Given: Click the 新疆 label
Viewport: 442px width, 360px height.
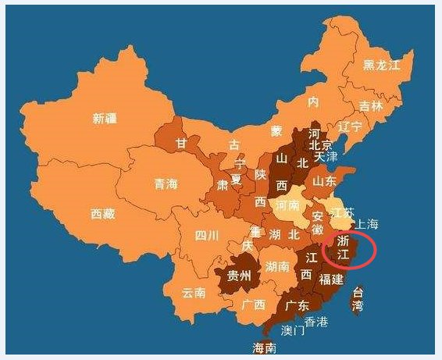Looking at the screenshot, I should tap(104, 119).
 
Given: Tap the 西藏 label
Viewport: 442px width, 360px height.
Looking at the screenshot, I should tap(102, 213).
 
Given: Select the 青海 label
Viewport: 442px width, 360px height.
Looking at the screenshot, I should tap(166, 184).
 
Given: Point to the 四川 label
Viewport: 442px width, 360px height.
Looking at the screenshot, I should tap(206, 235).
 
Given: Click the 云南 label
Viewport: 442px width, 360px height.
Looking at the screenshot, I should tap(193, 294).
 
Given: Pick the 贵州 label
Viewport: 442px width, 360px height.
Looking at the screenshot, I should tap(239, 276).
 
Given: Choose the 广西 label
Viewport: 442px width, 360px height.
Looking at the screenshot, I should tap(253, 305).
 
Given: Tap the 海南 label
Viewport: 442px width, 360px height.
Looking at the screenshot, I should tap(265, 348).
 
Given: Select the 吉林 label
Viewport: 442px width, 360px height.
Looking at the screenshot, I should tap(372, 105).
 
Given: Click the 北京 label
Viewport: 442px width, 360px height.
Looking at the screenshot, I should tap(321, 144).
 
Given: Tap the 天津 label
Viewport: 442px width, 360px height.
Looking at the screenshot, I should tap(326, 157).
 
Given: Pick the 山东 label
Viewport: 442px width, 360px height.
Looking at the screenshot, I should tap(325, 180).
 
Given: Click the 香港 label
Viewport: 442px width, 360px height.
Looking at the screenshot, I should tap(317, 321).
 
